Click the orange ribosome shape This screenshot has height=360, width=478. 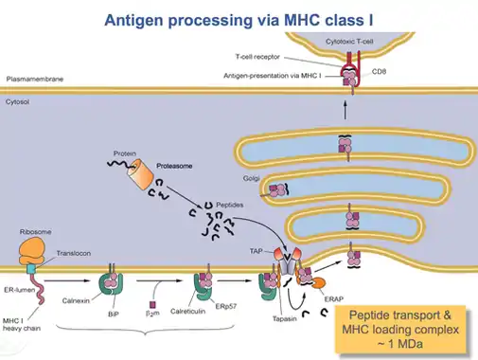[x=32, y=251]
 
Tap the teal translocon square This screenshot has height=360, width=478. [x=31, y=269]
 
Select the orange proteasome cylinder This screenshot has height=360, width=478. [x=140, y=173]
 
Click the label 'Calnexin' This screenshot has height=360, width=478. [x=76, y=300]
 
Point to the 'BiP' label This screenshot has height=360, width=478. [x=113, y=315]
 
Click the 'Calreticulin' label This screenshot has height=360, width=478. [x=187, y=312]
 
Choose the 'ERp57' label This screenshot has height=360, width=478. [x=226, y=306]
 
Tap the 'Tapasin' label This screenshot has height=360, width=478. [x=285, y=318]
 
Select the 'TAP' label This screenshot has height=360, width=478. [x=256, y=251]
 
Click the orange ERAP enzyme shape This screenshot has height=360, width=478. [x=319, y=283]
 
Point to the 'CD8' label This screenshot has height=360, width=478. [x=379, y=72]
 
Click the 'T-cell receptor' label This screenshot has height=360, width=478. [x=257, y=57]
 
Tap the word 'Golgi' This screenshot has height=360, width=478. [x=251, y=178]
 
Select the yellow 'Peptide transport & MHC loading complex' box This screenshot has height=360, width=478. [x=400, y=329]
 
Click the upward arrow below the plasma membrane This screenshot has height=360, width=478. [x=345, y=110]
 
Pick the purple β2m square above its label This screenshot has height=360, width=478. [x=152, y=304]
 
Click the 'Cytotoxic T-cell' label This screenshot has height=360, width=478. [x=349, y=42]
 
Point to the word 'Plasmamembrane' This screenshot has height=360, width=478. [x=35, y=79]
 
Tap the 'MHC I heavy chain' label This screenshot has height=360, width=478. [x=22, y=325]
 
